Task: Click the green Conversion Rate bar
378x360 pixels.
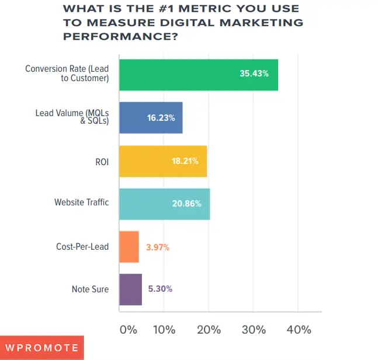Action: pos(198,74)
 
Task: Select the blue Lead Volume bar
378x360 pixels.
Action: pos(151,117)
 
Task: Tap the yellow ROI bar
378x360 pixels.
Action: pos(162,160)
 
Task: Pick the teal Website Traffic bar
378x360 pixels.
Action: pos(164,204)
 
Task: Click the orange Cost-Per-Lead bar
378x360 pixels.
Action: pos(129,247)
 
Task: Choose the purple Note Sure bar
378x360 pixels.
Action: pos(130,289)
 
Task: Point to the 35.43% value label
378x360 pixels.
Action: pos(254,74)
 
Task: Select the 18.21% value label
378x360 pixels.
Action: pos(185,160)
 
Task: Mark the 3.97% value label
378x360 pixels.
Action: pos(158,247)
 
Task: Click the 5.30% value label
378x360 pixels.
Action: pos(161,289)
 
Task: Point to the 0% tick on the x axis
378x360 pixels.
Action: pos(128,330)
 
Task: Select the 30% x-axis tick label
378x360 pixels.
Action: pos(254,330)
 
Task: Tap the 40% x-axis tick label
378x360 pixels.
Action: pos(299,330)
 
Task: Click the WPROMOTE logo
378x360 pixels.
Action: pos(42,348)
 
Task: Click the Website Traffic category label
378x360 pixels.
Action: pos(81,203)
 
